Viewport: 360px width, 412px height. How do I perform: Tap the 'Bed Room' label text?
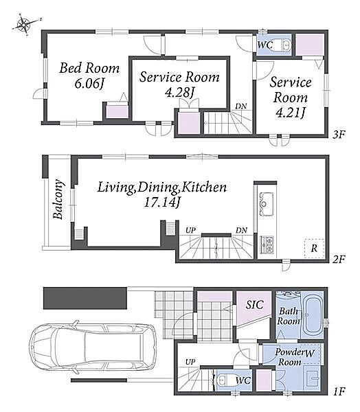(x=89, y=68)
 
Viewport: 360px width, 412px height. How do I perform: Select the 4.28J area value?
(x=180, y=92)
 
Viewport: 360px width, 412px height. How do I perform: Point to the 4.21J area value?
(x=291, y=113)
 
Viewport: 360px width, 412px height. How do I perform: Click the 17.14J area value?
(x=162, y=203)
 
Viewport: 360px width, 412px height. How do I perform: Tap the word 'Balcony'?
(x=58, y=199)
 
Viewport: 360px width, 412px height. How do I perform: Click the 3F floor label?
(x=339, y=135)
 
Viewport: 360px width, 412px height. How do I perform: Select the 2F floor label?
(x=339, y=260)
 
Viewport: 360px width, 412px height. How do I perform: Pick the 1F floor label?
(x=339, y=392)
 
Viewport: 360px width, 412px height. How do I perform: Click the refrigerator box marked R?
(x=314, y=249)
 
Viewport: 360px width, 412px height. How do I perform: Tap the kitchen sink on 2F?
(x=267, y=204)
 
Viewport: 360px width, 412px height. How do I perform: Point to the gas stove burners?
(x=267, y=244)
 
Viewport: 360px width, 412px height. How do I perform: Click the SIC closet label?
(x=255, y=304)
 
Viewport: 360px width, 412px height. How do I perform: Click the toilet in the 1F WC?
(x=223, y=380)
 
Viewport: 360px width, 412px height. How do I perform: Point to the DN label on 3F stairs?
(x=241, y=106)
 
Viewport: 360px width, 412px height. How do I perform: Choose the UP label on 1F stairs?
(x=190, y=362)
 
